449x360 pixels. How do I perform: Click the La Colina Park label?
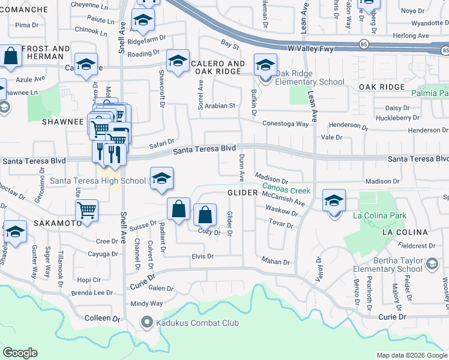click(x=380, y=215)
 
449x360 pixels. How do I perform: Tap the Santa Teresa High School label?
click(x=98, y=180)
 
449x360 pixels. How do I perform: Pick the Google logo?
click(x=20, y=353)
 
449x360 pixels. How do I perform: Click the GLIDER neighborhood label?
click(x=242, y=193)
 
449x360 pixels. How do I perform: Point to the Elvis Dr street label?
click(x=202, y=256)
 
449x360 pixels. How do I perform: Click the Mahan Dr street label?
click(x=276, y=261)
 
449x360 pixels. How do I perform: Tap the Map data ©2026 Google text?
click(x=411, y=355)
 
